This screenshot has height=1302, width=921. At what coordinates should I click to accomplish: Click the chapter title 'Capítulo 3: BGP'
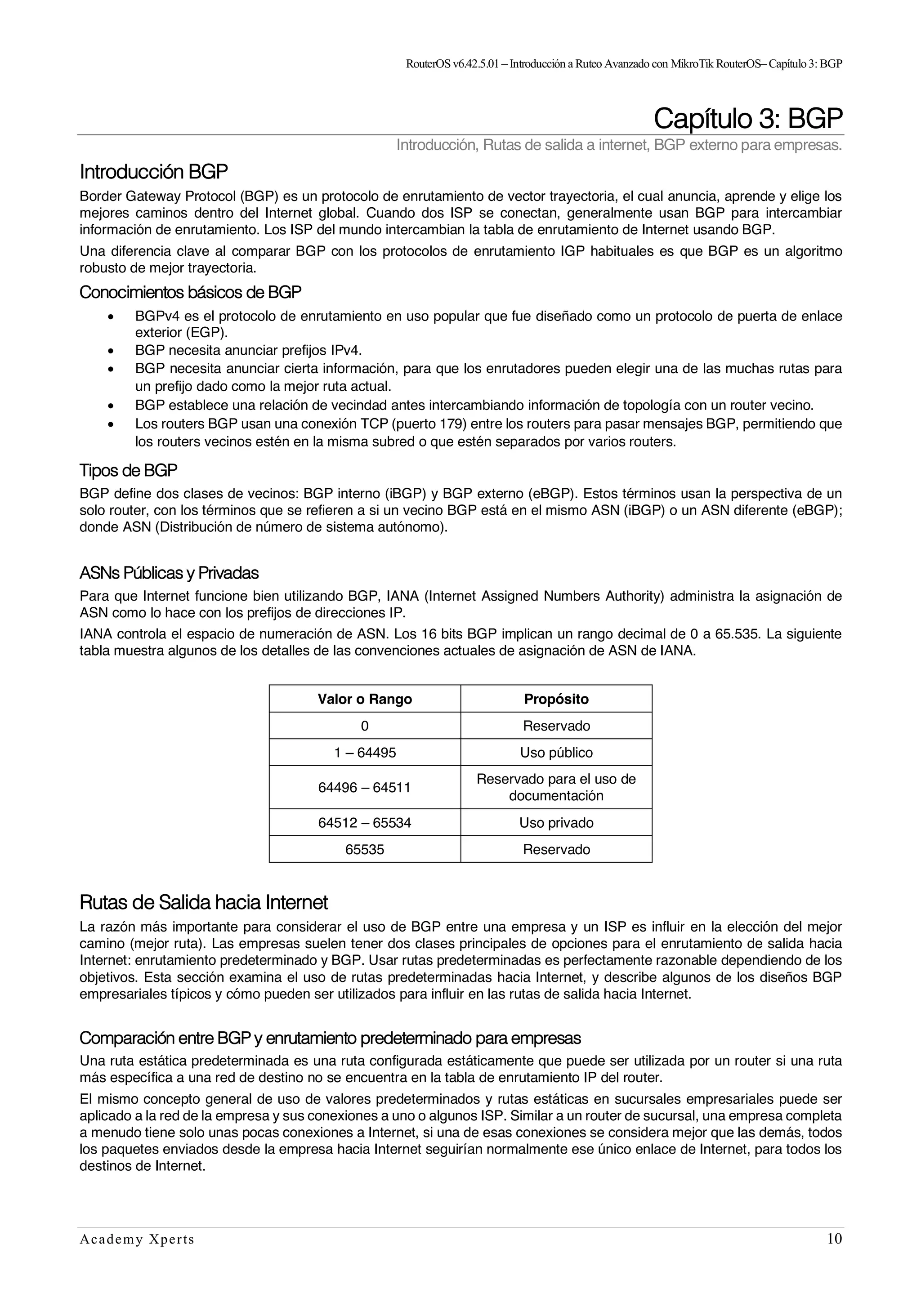[x=747, y=119]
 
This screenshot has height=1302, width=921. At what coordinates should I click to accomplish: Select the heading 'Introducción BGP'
[x=154, y=171]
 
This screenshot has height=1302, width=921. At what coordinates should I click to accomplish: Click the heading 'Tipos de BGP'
[x=128, y=470]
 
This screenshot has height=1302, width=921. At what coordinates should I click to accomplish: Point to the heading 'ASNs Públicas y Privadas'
[x=169, y=573]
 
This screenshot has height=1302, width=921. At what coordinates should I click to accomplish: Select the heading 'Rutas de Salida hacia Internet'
[x=204, y=902]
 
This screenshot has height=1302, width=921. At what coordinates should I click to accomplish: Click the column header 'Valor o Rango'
[x=365, y=699]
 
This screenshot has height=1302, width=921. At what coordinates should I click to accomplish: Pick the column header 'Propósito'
[x=556, y=699]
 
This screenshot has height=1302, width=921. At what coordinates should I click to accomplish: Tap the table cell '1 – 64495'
[x=365, y=753]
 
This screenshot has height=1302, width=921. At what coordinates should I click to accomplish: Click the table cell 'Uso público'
[x=556, y=753]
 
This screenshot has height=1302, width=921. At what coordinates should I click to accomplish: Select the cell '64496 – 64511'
[x=365, y=787]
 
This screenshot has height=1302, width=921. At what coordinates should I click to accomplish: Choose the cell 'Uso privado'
[x=556, y=823]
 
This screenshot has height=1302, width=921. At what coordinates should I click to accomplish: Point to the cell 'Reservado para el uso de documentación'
[x=556, y=787]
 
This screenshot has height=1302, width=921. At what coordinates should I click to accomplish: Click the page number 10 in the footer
[x=834, y=1255]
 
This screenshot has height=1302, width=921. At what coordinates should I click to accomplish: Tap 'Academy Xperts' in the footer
[x=137, y=1256]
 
